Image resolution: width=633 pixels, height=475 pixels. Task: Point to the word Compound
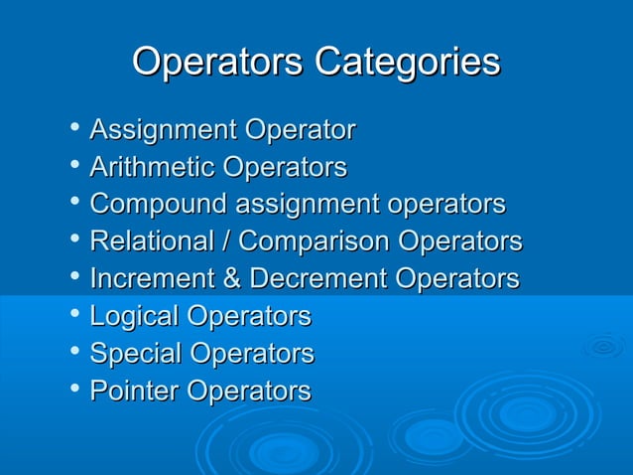pos(158,205)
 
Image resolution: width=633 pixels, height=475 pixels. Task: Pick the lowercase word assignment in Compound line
pos(308,205)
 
